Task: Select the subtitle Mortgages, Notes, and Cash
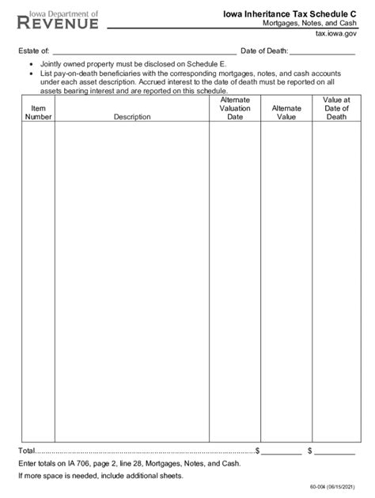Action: [x=309, y=25]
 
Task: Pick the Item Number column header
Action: [x=38, y=112]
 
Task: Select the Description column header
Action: [x=132, y=117]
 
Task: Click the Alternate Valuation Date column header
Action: [x=235, y=108]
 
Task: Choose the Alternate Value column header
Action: [x=286, y=112]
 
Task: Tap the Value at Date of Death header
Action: [x=336, y=108]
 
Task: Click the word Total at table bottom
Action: [x=28, y=450]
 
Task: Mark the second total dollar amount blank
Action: [x=335, y=450]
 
